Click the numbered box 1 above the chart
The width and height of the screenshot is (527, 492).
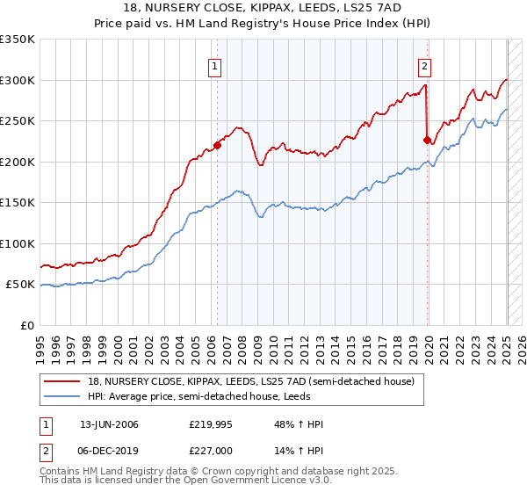215,64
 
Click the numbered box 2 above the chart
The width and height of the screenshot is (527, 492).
424,64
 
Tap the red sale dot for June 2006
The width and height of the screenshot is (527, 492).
217,146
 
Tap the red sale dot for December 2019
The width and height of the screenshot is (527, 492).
427,140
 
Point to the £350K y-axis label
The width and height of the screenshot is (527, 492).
18,40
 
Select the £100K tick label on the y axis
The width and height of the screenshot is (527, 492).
18,243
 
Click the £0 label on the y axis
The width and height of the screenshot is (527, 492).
26,325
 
